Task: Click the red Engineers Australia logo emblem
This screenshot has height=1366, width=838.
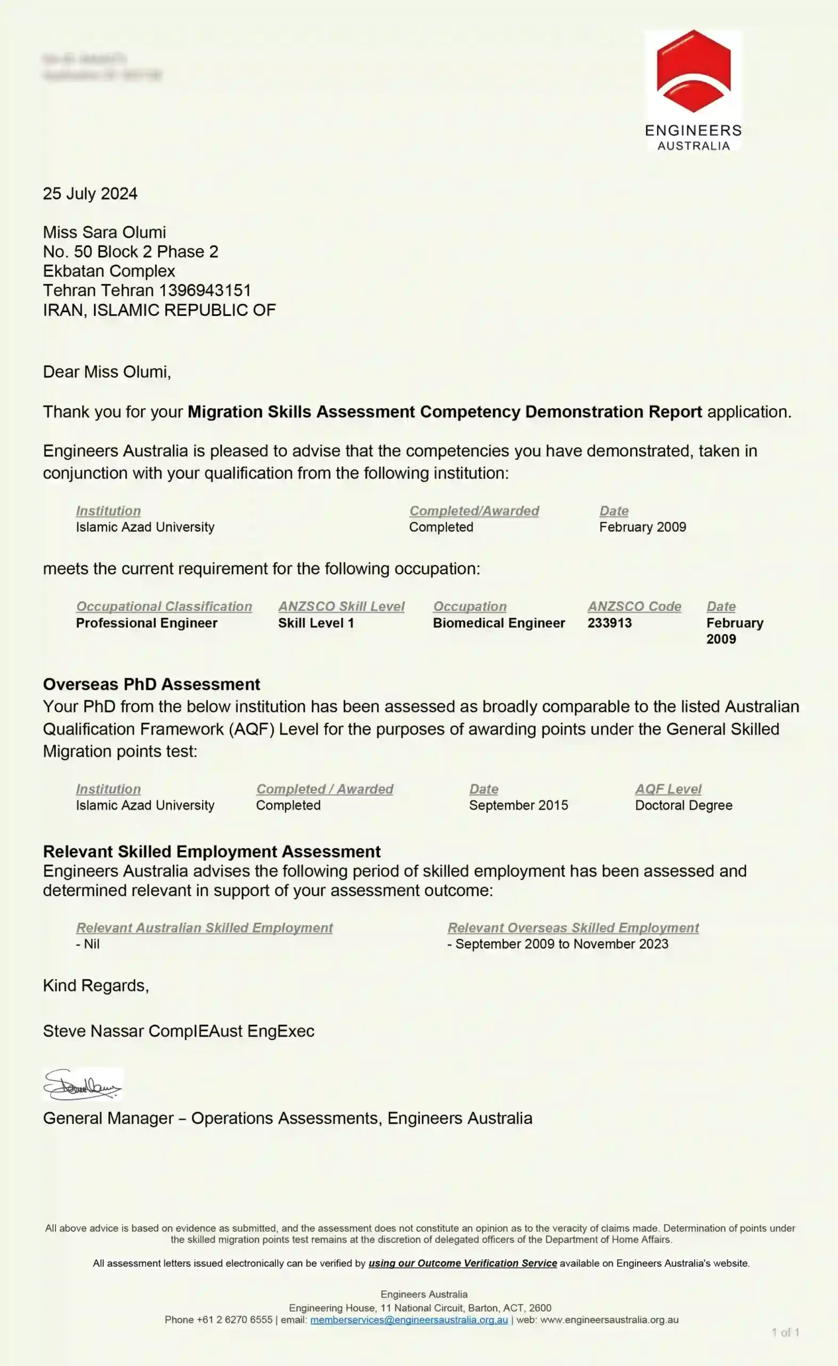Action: tap(693, 71)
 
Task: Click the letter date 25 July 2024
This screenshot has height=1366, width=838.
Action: tap(90, 194)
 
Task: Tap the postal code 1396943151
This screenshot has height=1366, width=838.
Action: tap(205, 291)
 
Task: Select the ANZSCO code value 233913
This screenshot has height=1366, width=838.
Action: tap(609, 623)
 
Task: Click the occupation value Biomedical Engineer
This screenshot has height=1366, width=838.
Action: tap(498, 623)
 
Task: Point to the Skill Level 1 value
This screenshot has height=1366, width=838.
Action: tap(316, 623)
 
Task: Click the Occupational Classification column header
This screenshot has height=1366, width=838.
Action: tap(164, 606)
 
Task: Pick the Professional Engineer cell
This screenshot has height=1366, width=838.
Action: tap(146, 623)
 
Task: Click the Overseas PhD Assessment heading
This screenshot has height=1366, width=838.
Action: tap(151, 685)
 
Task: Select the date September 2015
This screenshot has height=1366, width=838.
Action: tap(518, 805)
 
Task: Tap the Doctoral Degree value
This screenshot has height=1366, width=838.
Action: tap(683, 805)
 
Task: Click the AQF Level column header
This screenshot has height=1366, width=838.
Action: tap(668, 789)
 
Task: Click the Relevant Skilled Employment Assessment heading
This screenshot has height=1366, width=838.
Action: tap(212, 851)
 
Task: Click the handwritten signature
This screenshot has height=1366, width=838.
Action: tap(82, 1084)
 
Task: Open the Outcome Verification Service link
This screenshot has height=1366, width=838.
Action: tap(462, 1263)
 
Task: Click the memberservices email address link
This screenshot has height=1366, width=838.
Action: tap(409, 1320)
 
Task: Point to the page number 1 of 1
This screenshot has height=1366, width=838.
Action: tap(785, 1332)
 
